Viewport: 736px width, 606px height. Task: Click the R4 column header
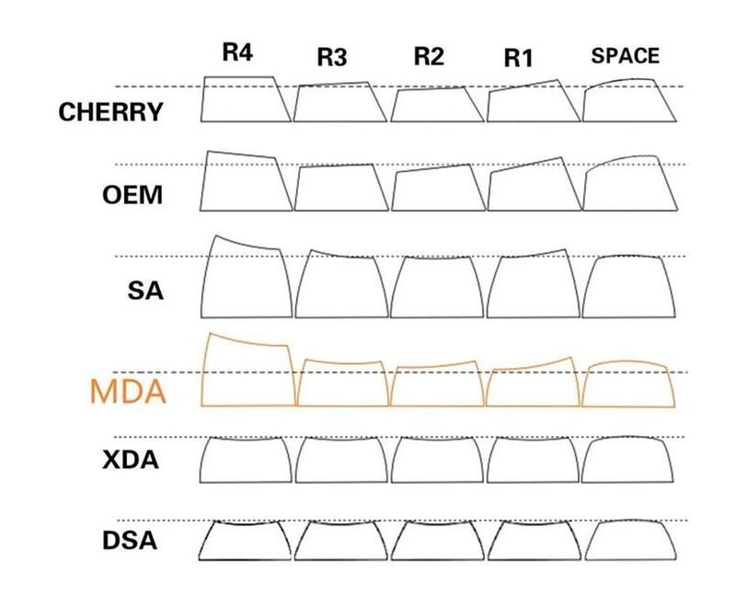click(x=237, y=52)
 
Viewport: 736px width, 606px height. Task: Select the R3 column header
click(x=332, y=57)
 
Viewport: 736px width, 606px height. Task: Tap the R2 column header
click(x=429, y=56)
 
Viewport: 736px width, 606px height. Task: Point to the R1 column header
click(x=518, y=58)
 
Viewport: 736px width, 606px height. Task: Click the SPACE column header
click(x=626, y=56)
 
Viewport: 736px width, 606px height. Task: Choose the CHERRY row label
click(x=110, y=112)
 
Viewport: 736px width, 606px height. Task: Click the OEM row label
click(x=132, y=195)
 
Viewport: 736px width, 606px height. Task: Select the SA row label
click(x=145, y=291)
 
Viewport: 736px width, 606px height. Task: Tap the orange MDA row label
click(x=127, y=392)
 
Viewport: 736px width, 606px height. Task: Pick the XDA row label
click(x=131, y=460)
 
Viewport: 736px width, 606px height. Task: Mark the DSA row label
click(x=130, y=541)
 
